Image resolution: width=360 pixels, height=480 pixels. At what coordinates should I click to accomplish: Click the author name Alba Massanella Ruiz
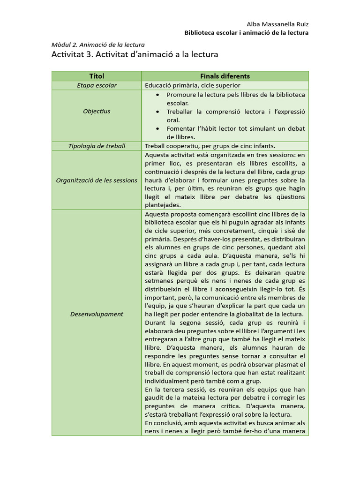pyautogui.click(x=277, y=24)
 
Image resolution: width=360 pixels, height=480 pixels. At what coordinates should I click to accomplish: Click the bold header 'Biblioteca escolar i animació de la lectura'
pyautogui.click(x=246, y=33)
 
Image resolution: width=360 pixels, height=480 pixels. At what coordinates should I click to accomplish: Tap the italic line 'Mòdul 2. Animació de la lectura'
pyautogui.click(x=97, y=45)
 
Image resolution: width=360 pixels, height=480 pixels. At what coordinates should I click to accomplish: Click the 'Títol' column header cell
pyautogui.click(x=97, y=76)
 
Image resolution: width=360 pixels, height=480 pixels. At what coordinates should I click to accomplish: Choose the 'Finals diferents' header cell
pyautogui.click(x=225, y=76)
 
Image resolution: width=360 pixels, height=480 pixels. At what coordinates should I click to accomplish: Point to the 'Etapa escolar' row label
pyautogui.click(x=97, y=85)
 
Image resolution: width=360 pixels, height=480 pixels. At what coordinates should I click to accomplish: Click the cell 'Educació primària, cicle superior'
pyautogui.click(x=193, y=85)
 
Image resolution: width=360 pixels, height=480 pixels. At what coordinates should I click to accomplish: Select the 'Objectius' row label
pyautogui.click(x=97, y=111)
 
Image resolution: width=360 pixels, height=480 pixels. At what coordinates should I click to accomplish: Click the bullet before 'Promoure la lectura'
pyautogui.click(x=159, y=95)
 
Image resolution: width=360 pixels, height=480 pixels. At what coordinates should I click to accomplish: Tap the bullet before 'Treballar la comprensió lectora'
pyautogui.click(x=159, y=112)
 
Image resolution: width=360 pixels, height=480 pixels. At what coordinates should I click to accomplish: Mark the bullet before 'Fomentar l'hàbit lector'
pyautogui.click(x=159, y=128)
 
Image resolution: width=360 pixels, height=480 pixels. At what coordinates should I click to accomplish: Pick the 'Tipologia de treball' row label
pyautogui.click(x=97, y=146)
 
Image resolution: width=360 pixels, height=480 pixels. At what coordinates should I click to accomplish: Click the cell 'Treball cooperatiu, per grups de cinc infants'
pyautogui.click(x=210, y=146)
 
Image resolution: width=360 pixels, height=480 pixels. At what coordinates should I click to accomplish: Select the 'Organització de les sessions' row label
pyautogui.click(x=97, y=180)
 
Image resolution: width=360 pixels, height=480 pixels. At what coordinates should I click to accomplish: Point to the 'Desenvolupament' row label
pyautogui.click(x=97, y=314)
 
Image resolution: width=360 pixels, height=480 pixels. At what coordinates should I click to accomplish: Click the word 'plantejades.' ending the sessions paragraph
pyautogui.click(x=163, y=205)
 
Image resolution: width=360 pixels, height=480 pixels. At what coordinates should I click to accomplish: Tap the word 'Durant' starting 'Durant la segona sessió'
pyautogui.click(x=155, y=322)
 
